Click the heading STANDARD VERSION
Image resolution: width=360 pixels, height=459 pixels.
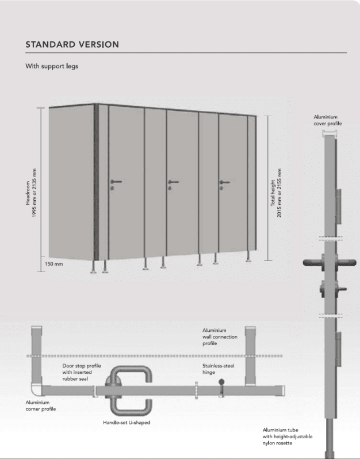(72, 44)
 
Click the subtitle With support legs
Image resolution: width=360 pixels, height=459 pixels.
(52, 66)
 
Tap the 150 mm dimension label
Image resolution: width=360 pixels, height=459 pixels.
(55, 264)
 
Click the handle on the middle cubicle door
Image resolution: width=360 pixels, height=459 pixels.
(173, 182)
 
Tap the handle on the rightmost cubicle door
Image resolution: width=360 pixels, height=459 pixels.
(224, 182)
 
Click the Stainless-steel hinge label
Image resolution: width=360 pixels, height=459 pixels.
(218, 369)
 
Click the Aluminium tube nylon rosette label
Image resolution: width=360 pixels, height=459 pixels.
(288, 436)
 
